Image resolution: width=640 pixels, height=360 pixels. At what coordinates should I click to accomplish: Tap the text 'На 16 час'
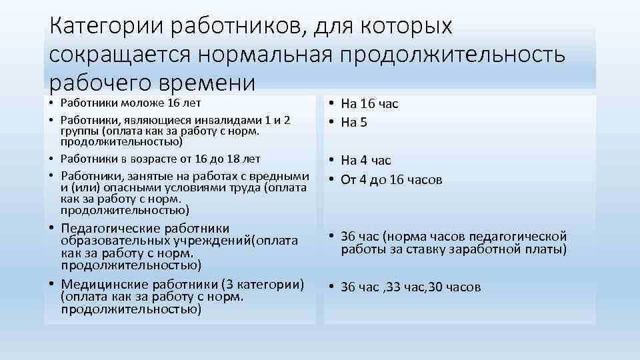tap(369, 103)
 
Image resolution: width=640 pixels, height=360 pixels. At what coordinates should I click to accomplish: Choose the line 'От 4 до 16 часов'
tap(391, 179)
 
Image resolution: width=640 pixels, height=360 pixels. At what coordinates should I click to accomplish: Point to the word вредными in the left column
tap(285, 176)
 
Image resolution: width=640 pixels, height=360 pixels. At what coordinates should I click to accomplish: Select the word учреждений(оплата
tap(241, 240)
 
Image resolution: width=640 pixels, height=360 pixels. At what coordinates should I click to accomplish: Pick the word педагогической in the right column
tap(521, 237)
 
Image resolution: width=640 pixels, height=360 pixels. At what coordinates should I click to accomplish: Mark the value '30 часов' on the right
tap(457, 287)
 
